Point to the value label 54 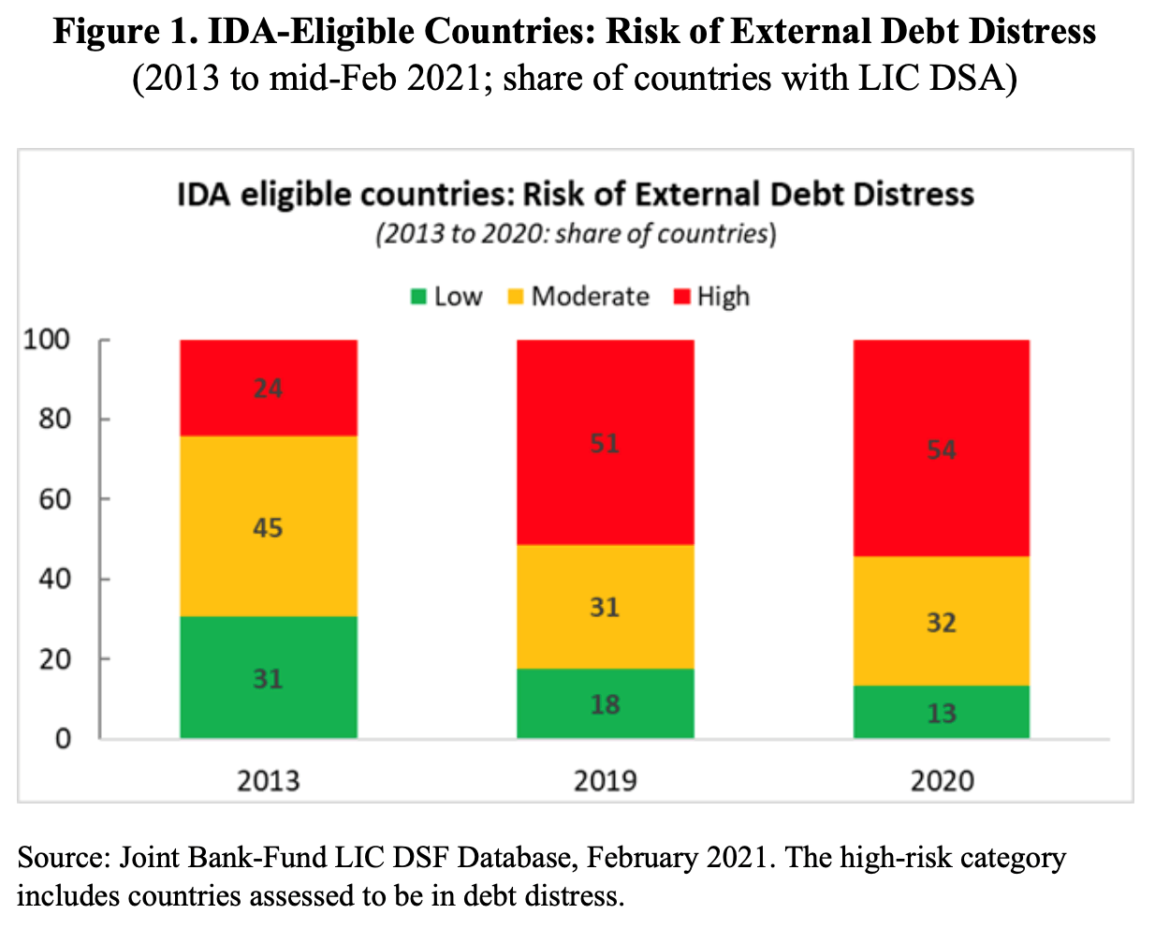pyautogui.click(x=942, y=450)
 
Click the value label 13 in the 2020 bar pyautogui.click(x=942, y=714)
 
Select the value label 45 pyautogui.click(x=268, y=528)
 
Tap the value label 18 pyautogui.click(x=606, y=704)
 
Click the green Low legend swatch pyautogui.click(x=418, y=298)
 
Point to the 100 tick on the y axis pyautogui.click(x=47, y=339)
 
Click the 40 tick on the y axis pyautogui.click(x=54, y=579)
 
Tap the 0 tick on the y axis pyautogui.click(x=63, y=739)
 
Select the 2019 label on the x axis pyautogui.click(x=606, y=780)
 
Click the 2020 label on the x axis pyautogui.click(x=942, y=780)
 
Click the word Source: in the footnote pyautogui.click(x=64, y=858)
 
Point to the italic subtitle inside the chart pyautogui.click(x=576, y=233)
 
